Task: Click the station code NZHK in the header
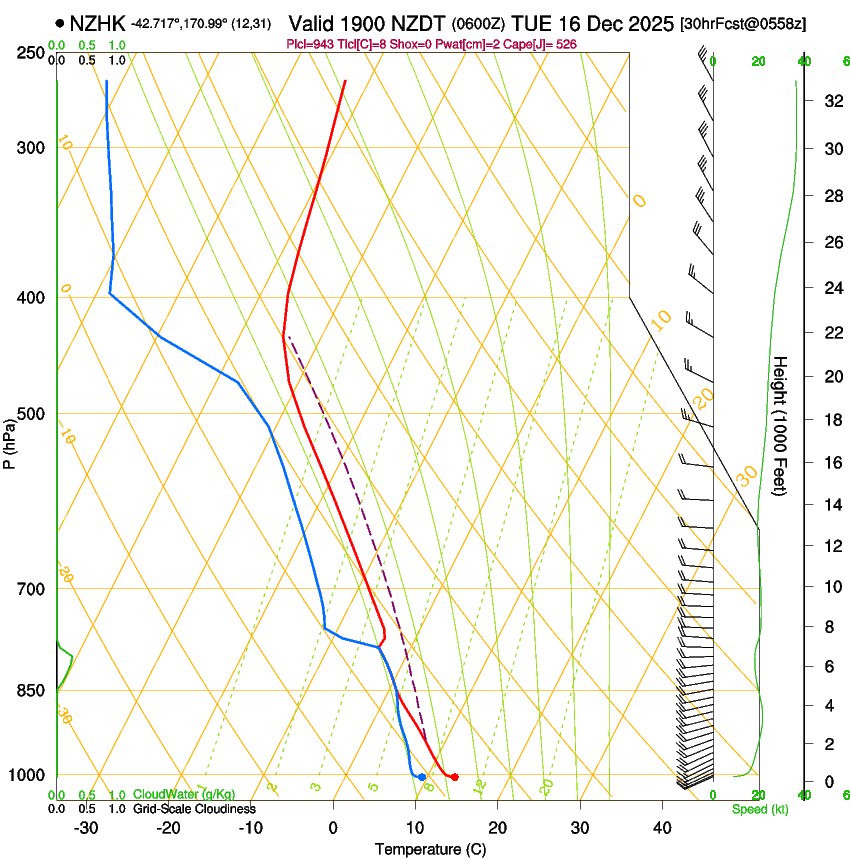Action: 98,21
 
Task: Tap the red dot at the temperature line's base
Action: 455,777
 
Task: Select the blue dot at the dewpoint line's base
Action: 422,777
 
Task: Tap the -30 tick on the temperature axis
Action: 86,827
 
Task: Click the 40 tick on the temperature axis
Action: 661,827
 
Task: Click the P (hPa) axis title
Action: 9,440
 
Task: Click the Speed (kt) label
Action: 760,809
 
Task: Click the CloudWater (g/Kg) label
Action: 184,795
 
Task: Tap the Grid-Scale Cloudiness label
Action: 194,808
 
